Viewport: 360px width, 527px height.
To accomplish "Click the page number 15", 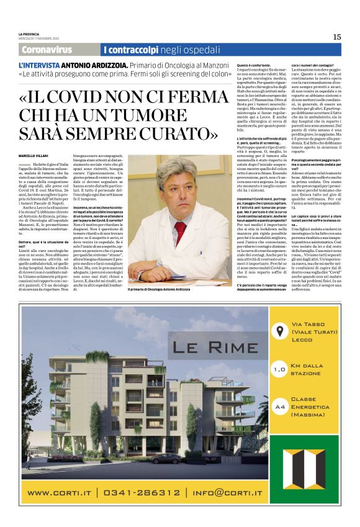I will tap(336, 37).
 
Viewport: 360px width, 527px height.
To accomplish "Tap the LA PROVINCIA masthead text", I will tap(29, 33).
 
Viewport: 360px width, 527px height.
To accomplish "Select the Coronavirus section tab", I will tap(47, 49).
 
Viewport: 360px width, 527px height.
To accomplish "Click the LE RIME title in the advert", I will tap(207, 346).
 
